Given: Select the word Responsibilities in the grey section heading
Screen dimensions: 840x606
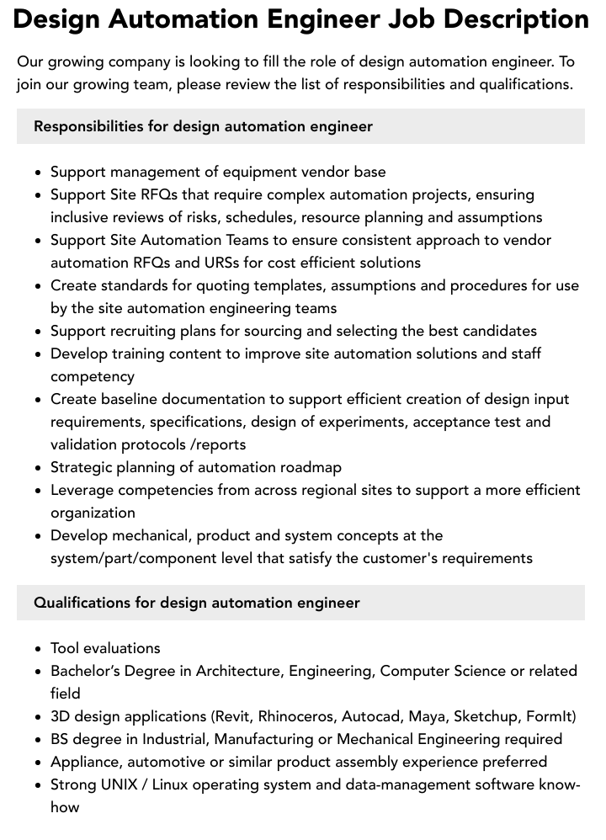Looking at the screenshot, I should [x=88, y=126].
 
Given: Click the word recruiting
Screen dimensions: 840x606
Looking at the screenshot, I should [x=139, y=331].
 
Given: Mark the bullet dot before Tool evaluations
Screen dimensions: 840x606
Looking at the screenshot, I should [x=39, y=649].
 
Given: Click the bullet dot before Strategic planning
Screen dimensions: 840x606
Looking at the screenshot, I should [x=39, y=468].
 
